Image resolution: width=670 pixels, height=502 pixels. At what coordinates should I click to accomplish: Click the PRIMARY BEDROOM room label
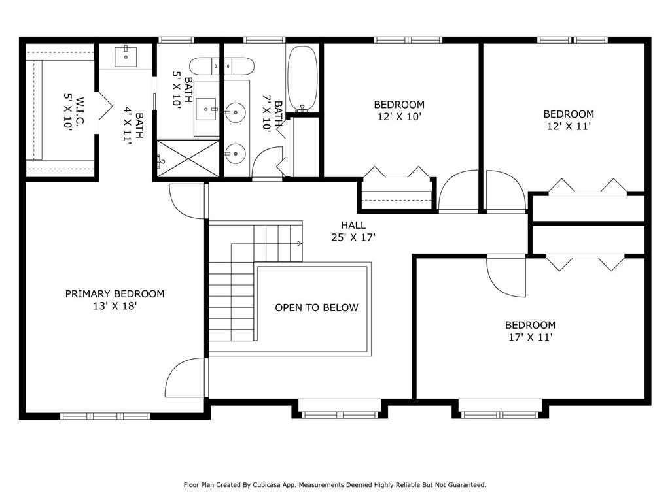[x=115, y=293]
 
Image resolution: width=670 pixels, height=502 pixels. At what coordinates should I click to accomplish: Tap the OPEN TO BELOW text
[x=317, y=307]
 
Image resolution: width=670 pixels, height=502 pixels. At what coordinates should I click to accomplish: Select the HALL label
[x=353, y=225]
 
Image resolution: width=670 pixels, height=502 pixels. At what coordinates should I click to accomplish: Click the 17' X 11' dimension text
[x=530, y=337]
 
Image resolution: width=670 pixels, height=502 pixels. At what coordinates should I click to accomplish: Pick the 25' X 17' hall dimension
[x=353, y=237]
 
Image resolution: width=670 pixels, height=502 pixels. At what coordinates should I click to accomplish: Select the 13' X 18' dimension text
[x=115, y=306]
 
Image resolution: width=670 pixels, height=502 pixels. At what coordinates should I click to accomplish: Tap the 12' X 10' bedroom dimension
[x=399, y=116]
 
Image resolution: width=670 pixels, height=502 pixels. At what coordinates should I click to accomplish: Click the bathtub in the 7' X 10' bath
[x=302, y=79]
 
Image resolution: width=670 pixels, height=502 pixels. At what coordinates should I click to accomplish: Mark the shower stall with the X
[x=188, y=158]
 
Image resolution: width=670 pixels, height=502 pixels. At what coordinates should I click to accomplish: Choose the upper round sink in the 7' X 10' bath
[x=235, y=112]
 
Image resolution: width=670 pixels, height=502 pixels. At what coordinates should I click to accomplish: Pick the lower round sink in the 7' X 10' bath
[x=235, y=154]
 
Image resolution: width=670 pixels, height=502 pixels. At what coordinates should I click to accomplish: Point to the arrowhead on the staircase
[x=300, y=243]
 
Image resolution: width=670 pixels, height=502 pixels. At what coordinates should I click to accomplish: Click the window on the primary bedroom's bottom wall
[x=105, y=416]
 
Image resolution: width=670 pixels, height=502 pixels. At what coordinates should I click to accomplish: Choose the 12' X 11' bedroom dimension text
[x=569, y=126]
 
